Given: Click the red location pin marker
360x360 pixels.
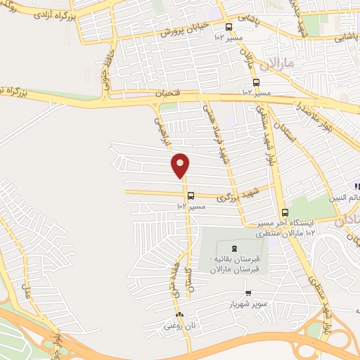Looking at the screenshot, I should (x=181, y=165).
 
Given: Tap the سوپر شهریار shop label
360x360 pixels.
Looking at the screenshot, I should (x=247, y=304).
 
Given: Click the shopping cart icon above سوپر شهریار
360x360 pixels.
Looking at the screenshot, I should (x=248, y=293).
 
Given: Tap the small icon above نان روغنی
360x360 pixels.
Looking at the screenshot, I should (x=180, y=315).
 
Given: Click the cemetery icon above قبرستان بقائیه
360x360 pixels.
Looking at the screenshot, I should (x=234, y=248).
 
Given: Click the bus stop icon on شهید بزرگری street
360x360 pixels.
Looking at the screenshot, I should (x=191, y=196).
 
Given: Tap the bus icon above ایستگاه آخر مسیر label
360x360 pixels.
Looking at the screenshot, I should (x=285, y=212).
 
